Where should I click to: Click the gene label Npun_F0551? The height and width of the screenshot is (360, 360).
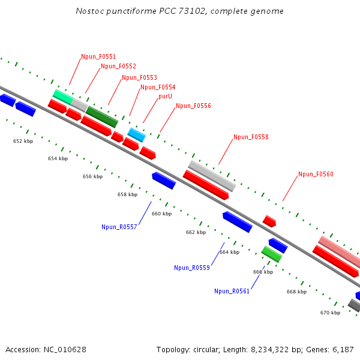tap(98, 57)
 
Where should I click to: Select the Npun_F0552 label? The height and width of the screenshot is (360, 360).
tap(118, 67)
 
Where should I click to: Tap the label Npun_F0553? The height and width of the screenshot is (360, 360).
tap(139, 78)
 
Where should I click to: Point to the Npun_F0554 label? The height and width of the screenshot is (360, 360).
tap(158, 88)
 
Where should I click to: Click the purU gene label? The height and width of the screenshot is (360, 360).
tap(166, 96)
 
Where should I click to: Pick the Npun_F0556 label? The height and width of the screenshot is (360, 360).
tap(193, 106)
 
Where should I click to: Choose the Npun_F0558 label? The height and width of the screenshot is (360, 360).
tap(251, 137)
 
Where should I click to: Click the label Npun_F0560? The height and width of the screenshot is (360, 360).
tap(316, 175)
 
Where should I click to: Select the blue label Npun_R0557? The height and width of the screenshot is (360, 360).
tap(119, 227)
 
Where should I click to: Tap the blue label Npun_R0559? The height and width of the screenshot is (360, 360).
tap(192, 268)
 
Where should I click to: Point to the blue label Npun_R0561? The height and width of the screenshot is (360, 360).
tap(232, 292)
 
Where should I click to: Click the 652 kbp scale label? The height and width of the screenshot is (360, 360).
tap(23, 141)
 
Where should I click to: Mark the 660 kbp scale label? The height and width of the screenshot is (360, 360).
tap(161, 214)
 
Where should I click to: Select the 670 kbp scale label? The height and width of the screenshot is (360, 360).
tap(330, 313)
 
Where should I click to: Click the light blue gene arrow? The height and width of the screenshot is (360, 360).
tap(137, 135)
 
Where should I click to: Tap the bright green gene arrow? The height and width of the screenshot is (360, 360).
tap(272, 254)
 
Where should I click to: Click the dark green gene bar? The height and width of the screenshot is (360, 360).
tap(102, 116)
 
